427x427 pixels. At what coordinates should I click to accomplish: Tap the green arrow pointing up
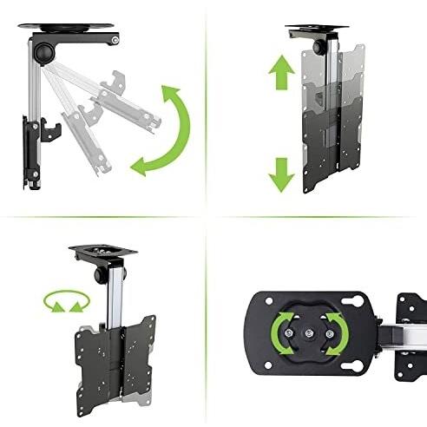280,76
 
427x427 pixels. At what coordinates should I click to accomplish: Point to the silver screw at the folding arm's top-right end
115,40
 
